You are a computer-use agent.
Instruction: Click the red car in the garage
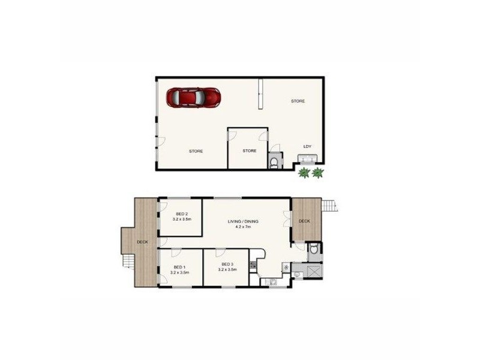tap(194, 97)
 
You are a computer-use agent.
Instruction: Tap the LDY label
tap(308, 146)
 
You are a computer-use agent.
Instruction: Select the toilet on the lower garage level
tap(274, 163)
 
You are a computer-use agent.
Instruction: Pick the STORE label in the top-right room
tap(298, 101)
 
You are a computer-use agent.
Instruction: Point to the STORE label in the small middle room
tap(250, 151)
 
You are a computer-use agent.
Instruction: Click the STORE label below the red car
tap(196, 151)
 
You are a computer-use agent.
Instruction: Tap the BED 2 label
tap(182, 214)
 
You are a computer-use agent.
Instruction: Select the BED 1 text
tap(179, 266)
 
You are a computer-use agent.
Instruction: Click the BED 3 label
tap(227, 265)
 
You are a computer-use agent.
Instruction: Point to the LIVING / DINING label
tap(243, 222)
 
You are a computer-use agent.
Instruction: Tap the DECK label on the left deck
tap(142, 242)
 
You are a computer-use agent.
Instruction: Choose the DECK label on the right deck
tap(304, 221)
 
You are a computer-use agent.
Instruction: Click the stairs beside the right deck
tap(329, 207)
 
